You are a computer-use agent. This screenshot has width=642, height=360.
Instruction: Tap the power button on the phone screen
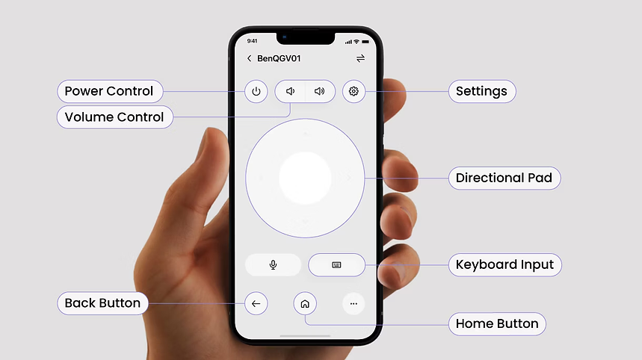tap(256, 91)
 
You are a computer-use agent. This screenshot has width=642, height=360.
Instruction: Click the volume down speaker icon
tap(290, 91)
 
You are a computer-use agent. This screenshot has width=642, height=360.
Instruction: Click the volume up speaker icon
tap(319, 91)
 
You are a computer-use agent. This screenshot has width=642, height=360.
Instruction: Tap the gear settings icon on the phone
tap(354, 91)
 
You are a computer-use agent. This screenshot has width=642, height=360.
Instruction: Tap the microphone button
tap(273, 264)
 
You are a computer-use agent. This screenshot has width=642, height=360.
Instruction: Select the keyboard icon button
tap(336, 264)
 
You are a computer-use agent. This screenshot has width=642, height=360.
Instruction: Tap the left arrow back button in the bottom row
tap(256, 303)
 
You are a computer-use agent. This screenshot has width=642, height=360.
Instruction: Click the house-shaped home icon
tap(305, 303)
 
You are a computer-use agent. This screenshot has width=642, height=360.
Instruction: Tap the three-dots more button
tap(354, 303)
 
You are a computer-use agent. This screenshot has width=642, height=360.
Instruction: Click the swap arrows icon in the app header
tap(360, 58)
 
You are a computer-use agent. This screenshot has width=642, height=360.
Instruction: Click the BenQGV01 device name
tap(279, 58)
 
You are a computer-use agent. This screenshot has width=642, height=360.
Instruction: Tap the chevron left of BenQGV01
tap(249, 58)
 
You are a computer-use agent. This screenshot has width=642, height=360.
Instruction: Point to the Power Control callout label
tap(110, 91)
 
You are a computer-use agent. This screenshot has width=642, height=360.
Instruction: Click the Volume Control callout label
tap(114, 117)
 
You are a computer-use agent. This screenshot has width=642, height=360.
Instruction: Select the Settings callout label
tap(482, 91)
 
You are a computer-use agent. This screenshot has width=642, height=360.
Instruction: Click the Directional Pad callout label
tap(504, 178)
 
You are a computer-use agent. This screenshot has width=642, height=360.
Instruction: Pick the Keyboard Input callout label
tap(504, 264)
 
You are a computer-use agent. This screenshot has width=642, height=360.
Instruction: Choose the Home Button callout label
tap(497, 324)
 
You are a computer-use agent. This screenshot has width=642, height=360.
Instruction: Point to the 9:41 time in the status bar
tap(252, 41)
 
